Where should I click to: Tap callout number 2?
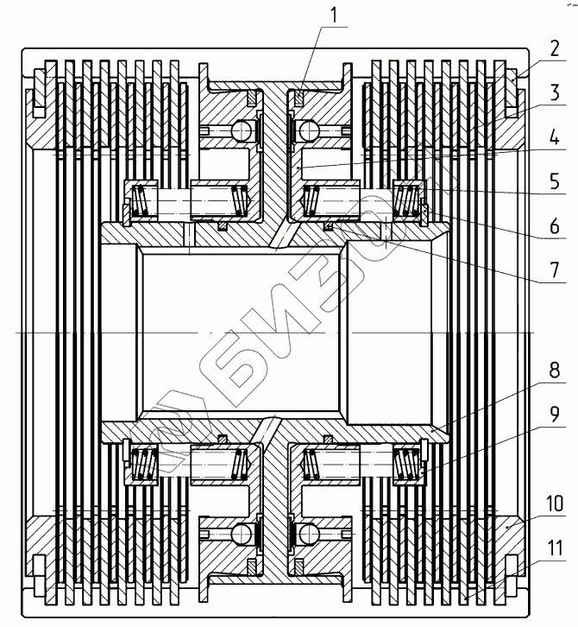coord(554,48)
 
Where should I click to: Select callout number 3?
coord(555,92)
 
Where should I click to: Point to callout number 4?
coord(555,138)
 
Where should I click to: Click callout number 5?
coord(555,182)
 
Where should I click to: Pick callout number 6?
coord(555,226)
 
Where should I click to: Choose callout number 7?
coord(555,270)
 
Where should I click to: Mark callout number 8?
coord(555,370)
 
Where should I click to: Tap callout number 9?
coord(555,415)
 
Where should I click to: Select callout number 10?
coord(555,503)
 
